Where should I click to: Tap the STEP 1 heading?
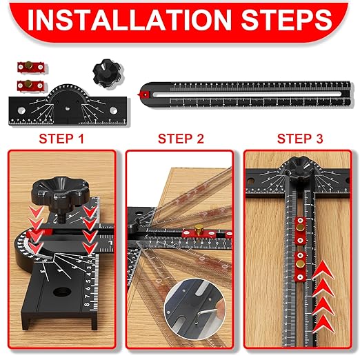tap(61, 138)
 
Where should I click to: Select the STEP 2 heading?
tap(181, 138)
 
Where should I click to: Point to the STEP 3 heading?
tap(299, 138)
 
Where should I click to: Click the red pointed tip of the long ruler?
tap(143, 92)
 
